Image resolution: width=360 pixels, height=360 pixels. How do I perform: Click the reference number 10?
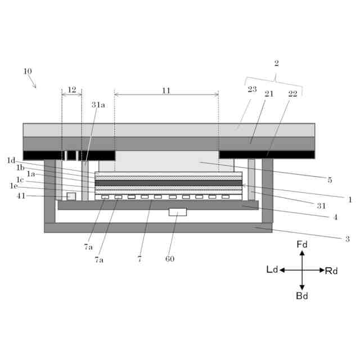[28, 71]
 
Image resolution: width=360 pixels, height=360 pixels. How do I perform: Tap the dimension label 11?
[166, 90]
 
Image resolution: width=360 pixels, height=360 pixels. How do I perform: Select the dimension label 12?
[71, 89]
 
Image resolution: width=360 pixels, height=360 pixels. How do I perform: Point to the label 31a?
[98, 105]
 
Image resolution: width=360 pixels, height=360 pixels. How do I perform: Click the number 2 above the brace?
[276, 64]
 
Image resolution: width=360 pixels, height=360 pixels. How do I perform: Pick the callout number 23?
[252, 89]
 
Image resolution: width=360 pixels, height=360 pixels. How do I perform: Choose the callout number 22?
[292, 94]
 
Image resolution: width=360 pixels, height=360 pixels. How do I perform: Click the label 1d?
[11, 160]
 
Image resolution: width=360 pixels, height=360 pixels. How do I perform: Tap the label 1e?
[13, 186]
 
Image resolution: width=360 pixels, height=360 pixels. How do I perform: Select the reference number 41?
[21, 195]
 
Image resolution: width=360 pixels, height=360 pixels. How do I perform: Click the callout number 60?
[170, 259]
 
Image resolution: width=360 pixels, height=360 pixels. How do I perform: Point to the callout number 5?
[330, 180]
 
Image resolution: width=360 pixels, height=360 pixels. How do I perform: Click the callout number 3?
[347, 239]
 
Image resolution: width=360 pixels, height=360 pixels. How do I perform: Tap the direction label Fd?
[302, 245]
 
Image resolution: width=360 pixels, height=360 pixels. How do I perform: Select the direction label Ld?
[272, 270]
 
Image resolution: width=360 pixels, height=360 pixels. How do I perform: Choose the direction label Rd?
[331, 271]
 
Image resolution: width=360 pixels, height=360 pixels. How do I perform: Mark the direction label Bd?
[302, 296]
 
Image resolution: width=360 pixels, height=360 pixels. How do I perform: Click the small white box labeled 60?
[178, 212]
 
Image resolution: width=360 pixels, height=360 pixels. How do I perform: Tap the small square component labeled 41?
[71, 196]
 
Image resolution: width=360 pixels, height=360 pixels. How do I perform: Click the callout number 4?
[335, 217]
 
